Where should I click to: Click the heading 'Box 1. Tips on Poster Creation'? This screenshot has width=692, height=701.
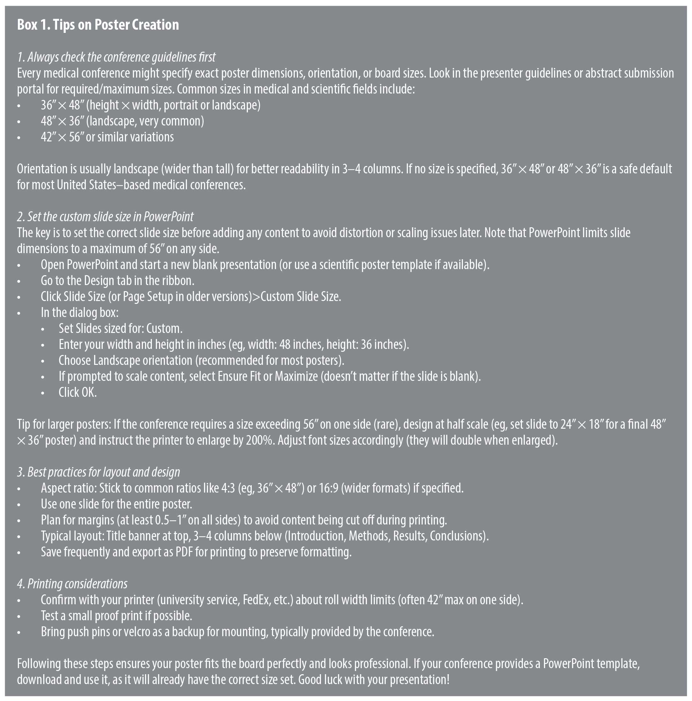98,25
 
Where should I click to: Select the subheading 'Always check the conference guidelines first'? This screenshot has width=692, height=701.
121,57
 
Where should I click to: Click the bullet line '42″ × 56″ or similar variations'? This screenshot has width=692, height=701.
107,137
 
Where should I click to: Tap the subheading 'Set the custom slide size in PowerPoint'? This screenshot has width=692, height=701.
110,217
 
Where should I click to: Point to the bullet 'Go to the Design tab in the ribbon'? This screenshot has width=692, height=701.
117,281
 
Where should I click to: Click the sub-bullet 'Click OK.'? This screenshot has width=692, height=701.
78,392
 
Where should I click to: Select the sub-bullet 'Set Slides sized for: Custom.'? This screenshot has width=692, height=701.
120,328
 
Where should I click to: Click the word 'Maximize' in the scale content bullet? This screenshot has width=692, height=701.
296,376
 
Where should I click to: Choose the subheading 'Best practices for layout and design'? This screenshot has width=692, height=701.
103,472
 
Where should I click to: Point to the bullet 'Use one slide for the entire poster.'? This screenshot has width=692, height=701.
116,504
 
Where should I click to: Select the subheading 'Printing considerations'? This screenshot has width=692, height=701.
77,584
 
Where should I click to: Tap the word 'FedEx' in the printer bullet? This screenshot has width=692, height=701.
257,600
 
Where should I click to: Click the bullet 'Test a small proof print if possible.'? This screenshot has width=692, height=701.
116,616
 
